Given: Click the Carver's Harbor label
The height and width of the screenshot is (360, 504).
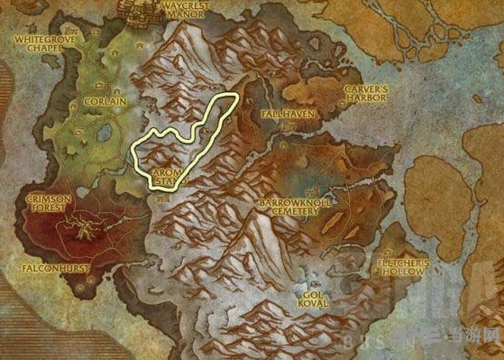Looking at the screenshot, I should click(365, 93).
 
